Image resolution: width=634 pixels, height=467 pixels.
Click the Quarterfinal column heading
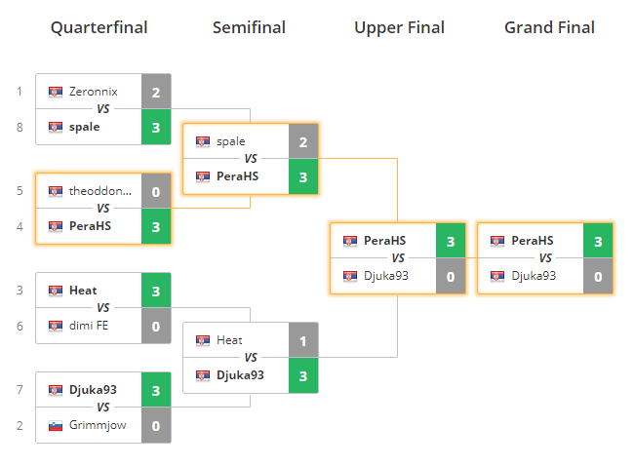click(x=99, y=27)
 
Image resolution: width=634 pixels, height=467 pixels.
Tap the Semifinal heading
click(x=249, y=27)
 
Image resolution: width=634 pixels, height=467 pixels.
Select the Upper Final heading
click(x=398, y=27)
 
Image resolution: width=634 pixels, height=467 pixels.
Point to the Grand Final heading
click(x=549, y=27)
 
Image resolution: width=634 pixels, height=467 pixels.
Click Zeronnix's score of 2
click(x=156, y=92)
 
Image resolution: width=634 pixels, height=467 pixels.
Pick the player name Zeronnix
click(x=94, y=92)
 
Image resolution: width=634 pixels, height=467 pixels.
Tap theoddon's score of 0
click(x=156, y=191)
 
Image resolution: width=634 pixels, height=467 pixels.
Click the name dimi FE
click(x=89, y=326)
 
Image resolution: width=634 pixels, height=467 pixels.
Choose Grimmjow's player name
click(x=98, y=425)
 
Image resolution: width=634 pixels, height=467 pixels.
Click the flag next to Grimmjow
click(x=56, y=425)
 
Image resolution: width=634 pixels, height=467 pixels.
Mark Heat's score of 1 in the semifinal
click(x=303, y=340)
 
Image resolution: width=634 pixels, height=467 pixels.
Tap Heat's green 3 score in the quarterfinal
click(x=156, y=291)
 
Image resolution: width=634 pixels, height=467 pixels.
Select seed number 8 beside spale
click(x=19, y=127)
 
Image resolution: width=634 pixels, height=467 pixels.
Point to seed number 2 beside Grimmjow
click(x=19, y=425)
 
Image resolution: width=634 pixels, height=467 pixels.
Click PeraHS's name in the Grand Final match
click(x=533, y=241)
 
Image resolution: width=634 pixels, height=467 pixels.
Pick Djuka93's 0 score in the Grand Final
click(x=598, y=276)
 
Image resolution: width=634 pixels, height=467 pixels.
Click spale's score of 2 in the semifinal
click(x=303, y=141)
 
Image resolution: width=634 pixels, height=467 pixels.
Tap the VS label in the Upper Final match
click(x=398, y=258)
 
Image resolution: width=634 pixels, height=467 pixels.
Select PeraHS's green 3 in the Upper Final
click(x=451, y=241)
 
